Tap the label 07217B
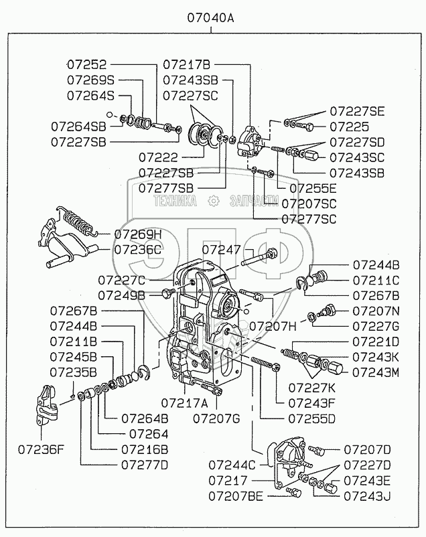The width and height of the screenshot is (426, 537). click(187, 65)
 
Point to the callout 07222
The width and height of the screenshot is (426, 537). click(158, 158)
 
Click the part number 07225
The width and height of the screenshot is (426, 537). click(346, 126)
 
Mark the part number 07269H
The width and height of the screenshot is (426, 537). click(138, 234)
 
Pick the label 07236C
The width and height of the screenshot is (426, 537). click(138, 249)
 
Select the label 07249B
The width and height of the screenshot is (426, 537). click(121, 295)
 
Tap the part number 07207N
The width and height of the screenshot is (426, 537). click(375, 311)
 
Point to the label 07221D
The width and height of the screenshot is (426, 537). click(375, 341)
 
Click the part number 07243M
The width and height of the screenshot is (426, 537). click(376, 372)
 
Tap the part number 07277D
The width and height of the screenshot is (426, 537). click(144, 463)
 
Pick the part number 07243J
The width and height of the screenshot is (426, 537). click(367, 496)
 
